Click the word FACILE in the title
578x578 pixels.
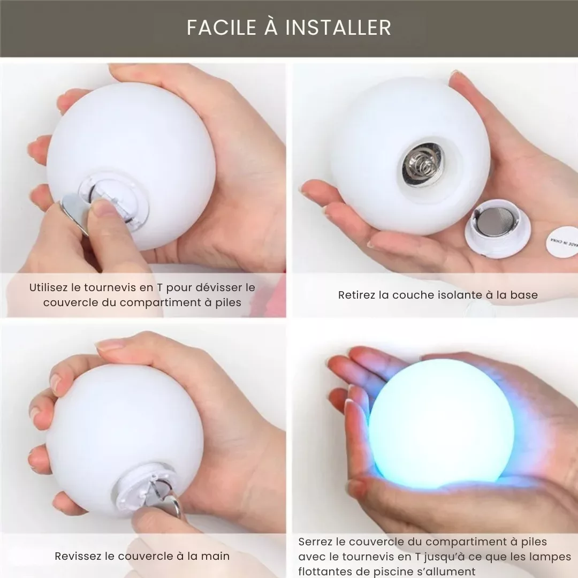[222, 28]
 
